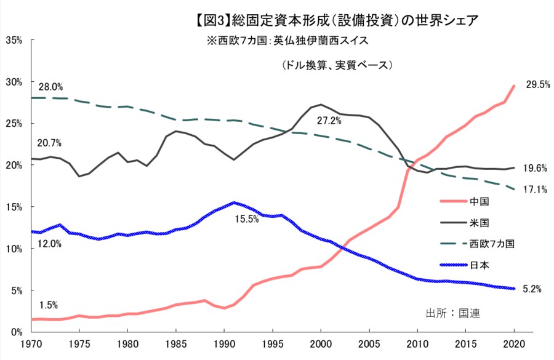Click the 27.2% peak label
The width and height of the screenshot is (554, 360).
click(329, 120)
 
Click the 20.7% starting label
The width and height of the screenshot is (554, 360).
click(50, 143)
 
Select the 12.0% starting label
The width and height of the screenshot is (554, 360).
click(50, 244)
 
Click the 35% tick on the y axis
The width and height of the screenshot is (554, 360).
click(14, 40)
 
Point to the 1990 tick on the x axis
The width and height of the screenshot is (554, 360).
click(224, 344)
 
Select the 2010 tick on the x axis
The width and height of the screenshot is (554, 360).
click(417, 344)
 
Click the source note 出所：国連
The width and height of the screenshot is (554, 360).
click(452, 313)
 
